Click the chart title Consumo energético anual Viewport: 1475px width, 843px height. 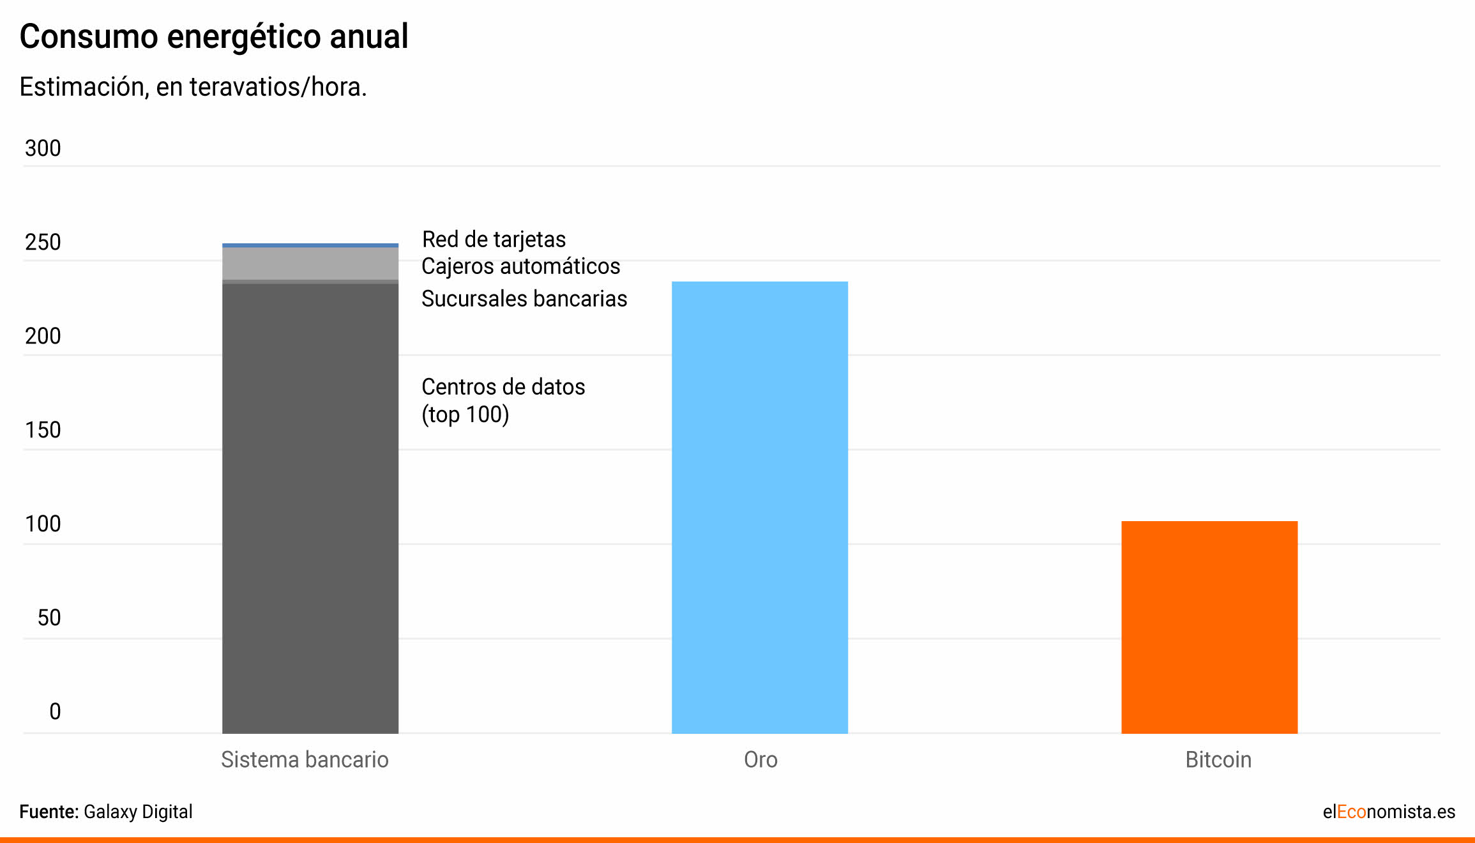(214, 36)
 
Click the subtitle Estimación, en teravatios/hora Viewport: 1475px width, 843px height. (193, 87)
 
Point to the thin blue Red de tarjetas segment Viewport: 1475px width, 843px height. (310, 245)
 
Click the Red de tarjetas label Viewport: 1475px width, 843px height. (494, 239)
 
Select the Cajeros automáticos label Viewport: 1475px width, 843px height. (520, 266)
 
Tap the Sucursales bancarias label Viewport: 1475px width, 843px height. (524, 299)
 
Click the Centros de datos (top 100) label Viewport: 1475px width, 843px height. (503, 400)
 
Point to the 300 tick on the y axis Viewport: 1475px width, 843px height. (43, 148)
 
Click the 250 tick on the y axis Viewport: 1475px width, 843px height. (43, 242)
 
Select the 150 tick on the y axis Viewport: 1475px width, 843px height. (43, 430)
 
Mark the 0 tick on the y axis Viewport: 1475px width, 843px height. (55, 711)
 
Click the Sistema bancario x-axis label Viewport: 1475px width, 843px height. (305, 760)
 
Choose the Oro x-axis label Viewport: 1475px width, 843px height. (760, 760)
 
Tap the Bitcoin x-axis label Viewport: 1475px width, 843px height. (1218, 760)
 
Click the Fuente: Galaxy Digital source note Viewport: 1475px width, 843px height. (106, 812)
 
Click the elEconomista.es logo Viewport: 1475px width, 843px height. (1389, 812)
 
